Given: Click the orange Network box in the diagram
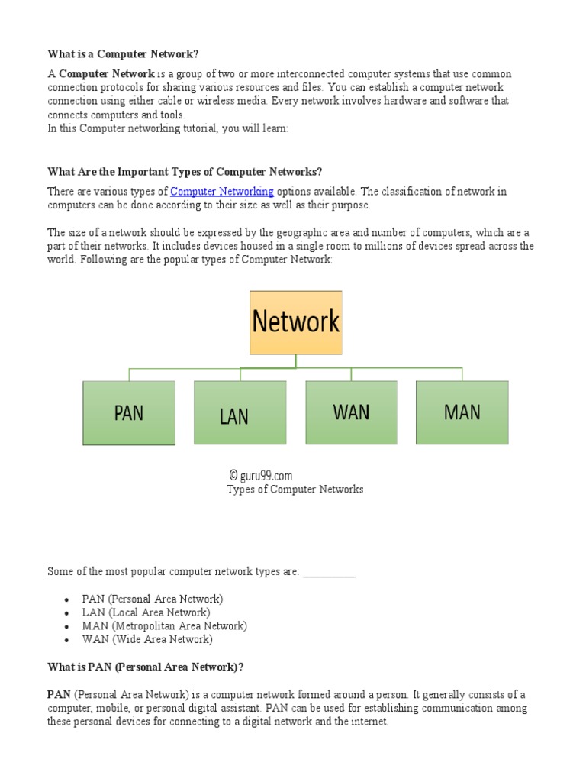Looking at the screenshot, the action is coord(295,322).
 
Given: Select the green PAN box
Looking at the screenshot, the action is coord(129,413).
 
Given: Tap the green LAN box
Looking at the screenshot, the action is coord(240,413).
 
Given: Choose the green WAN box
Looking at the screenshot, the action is coord(351,412).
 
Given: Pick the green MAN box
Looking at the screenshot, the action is coord(462,412).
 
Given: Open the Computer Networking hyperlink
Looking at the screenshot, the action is coord(221,191).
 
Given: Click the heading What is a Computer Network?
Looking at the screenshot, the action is coord(128,53).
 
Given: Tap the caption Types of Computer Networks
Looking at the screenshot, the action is coord(295,490).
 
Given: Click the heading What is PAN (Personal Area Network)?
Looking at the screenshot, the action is coord(146,667).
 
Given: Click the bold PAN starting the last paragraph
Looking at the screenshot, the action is coord(60,694).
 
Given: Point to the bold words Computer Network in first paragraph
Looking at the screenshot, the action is coord(107,74).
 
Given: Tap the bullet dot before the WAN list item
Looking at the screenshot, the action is coord(68,641).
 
